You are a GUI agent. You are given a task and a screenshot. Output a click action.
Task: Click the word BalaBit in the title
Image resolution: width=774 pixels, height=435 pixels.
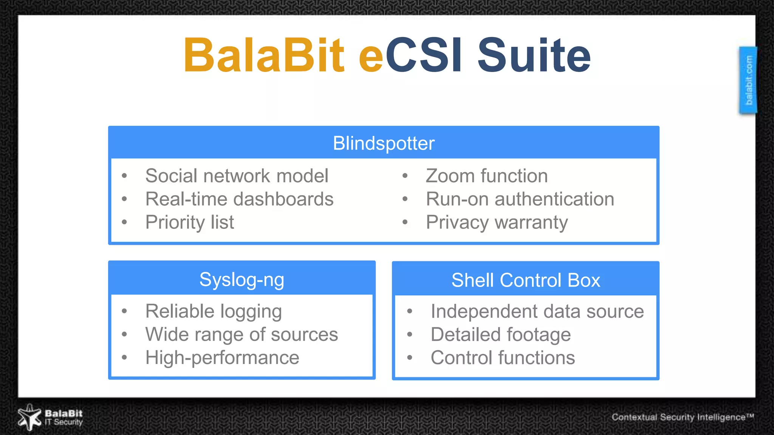click(264, 55)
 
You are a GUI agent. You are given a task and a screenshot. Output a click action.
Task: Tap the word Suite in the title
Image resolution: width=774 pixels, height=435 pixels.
click(534, 55)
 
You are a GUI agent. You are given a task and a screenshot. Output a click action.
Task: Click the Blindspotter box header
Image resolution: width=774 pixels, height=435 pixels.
click(384, 143)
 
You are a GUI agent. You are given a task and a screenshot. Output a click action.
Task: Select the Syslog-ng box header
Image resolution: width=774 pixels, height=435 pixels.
click(241, 279)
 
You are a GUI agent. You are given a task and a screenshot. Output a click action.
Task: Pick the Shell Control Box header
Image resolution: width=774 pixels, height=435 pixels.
click(525, 280)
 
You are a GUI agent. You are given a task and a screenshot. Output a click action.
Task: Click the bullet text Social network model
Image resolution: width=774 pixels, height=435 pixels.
click(237, 176)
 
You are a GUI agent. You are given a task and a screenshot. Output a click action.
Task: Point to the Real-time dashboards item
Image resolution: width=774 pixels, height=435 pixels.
click(239, 199)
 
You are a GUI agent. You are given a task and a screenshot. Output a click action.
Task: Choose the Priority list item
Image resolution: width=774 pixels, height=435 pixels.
click(189, 222)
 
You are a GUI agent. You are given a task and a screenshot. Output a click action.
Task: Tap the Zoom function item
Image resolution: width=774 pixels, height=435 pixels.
click(486, 176)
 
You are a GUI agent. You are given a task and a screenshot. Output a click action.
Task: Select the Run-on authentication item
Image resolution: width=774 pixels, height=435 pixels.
click(520, 199)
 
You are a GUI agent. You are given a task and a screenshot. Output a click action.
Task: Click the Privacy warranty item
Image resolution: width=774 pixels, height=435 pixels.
click(497, 222)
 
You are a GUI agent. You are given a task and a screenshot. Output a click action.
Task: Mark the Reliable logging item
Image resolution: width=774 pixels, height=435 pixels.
click(214, 312)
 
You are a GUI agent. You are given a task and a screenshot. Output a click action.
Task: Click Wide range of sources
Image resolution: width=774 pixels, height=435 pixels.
click(241, 335)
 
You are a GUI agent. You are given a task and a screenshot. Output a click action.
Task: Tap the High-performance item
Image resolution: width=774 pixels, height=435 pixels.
click(222, 358)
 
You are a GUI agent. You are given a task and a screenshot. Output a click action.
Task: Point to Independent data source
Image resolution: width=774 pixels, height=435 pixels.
click(537, 312)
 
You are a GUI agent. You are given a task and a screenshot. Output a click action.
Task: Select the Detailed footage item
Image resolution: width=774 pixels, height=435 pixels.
click(500, 335)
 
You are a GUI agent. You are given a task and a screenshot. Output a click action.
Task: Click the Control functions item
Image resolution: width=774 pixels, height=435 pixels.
click(503, 358)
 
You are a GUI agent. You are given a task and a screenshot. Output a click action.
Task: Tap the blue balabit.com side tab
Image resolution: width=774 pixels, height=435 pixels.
click(748, 80)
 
